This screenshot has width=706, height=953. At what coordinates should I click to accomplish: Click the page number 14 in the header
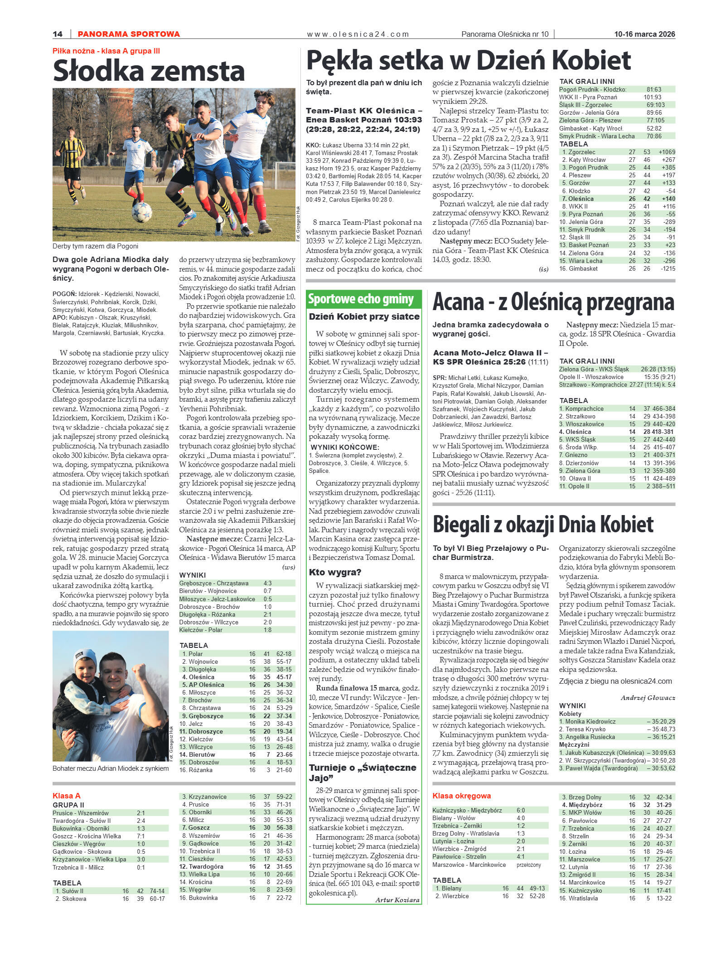(58, 34)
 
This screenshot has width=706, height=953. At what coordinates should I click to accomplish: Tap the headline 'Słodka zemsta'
(149, 71)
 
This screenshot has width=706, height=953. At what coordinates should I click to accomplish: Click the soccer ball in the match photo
(141, 211)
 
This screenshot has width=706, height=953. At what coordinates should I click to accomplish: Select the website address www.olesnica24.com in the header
(358, 34)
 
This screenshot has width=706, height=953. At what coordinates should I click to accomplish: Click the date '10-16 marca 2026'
(644, 34)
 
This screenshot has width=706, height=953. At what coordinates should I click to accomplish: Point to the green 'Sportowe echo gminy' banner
(361, 299)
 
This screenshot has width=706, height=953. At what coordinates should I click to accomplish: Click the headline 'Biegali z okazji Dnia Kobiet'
(543, 525)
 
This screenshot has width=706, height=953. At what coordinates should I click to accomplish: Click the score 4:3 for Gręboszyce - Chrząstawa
(267, 583)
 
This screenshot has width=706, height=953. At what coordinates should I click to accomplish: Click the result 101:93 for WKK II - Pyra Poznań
(652, 97)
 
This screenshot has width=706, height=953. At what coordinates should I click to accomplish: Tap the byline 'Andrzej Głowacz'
(648, 698)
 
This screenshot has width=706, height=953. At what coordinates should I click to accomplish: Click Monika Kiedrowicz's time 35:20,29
(663, 721)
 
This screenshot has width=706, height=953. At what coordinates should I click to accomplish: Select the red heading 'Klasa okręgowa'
(461, 796)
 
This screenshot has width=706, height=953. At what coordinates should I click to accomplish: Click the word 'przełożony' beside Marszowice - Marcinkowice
(529, 865)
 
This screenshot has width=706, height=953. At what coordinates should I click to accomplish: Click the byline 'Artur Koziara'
(397, 900)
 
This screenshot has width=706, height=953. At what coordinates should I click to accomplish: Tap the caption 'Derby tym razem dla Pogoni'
(95, 246)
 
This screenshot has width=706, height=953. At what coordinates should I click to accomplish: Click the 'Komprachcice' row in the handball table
(617, 408)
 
